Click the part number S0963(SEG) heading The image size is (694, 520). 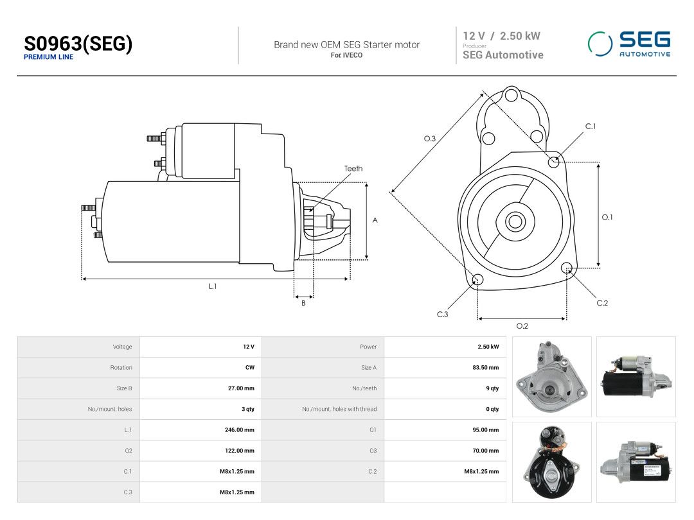pyautogui.click(x=78, y=44)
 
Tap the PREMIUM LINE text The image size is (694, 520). pyautogui.click(x=48, y=57)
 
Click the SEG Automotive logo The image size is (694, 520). pyautogui.click(x=629, y=44)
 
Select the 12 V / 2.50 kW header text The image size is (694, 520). pyautogui.click(x=501, y=36)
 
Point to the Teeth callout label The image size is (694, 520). pyautogui.click(x=353, y=168)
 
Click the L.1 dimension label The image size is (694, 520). pyautogui.click(x=213, y=286)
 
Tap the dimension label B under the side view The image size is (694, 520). pyautogui.click(x=303, y=303)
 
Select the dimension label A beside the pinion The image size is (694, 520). pyautogui.click(x=375, y=220)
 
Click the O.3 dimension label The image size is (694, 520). pyautogui.click(x=429, y=139)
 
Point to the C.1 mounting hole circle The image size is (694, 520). pyautogui.click(x=554, y=162)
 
